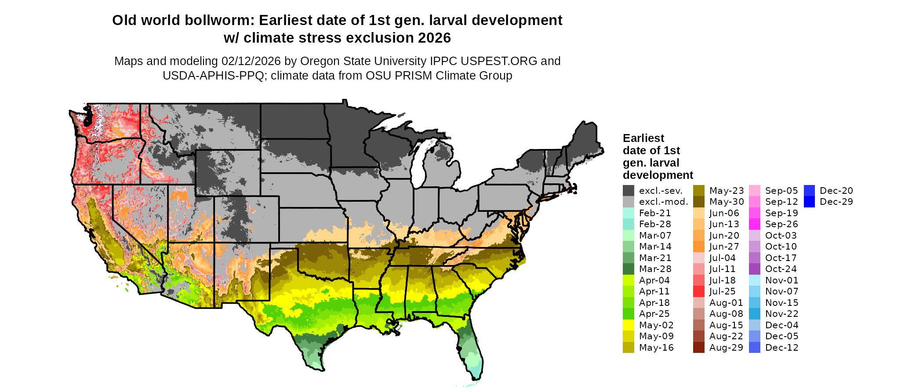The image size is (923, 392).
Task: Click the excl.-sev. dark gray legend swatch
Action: [x=629, y=191]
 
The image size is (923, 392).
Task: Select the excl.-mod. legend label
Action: [x=663, y=202]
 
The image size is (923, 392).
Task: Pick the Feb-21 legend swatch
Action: [x=629, y=213]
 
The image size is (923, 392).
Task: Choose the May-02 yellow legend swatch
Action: [x=629, y=325]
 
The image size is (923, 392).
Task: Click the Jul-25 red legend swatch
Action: [x=699, y=291]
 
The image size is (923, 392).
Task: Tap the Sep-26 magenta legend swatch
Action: [x=755, y=224]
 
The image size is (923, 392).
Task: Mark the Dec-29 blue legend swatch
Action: [x=809, y=202]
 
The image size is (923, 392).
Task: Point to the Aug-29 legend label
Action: [x=726, y=348]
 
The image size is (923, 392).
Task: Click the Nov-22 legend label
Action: [x=781, y=314]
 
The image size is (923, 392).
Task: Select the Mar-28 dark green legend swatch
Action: [x=629, y=269]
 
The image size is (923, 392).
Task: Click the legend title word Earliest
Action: [x=643, y=138]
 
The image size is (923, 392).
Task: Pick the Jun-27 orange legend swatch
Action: [x=699, y=247]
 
